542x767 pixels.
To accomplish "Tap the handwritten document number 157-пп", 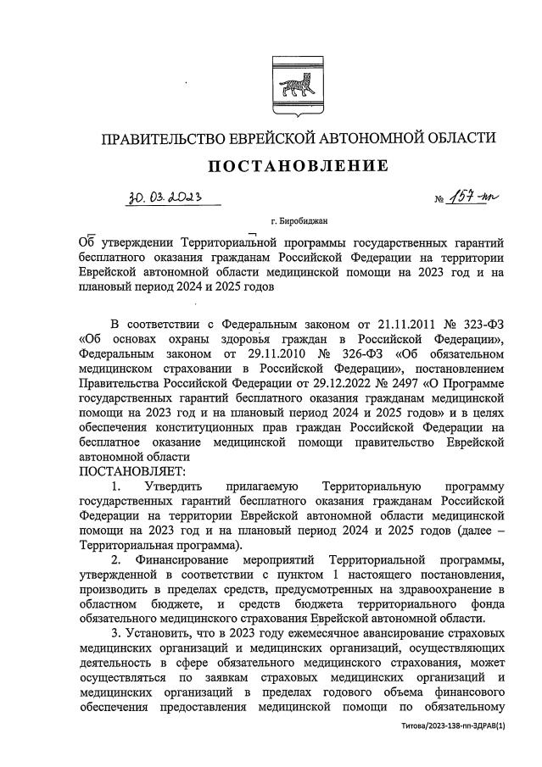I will (x=479, y=197).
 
